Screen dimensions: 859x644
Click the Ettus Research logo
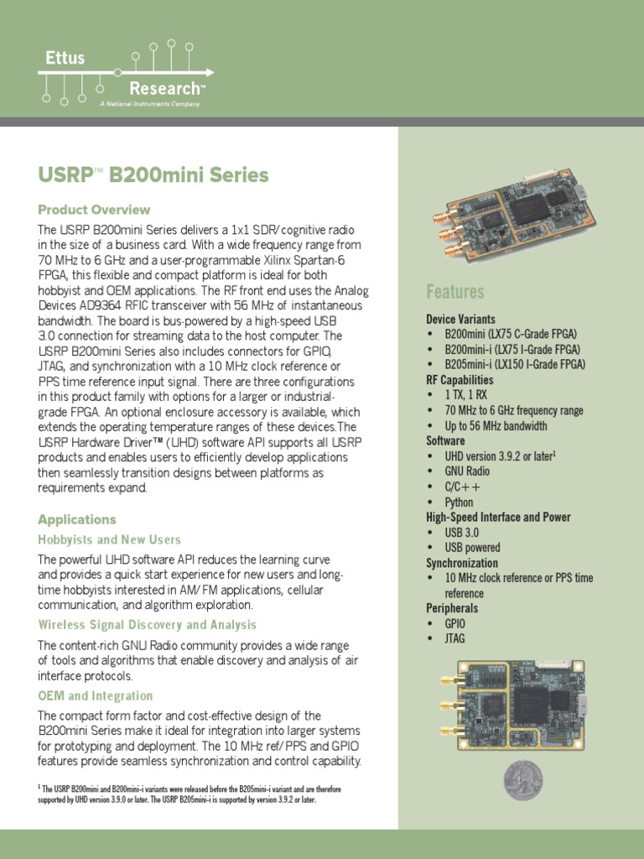122,75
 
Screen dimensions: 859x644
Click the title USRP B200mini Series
153,175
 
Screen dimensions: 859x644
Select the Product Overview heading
94,210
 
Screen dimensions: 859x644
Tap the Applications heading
77,519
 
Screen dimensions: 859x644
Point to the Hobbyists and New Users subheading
109,539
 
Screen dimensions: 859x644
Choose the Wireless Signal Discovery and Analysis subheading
148,625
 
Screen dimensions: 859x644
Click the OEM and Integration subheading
96,696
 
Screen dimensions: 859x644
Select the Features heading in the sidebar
454,292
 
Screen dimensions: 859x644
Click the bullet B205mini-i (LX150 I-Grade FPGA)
515,364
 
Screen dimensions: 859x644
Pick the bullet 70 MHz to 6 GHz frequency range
514,410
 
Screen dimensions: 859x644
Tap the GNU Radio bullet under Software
467,471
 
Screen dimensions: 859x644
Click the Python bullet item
459,502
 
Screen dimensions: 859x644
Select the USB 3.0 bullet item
461,533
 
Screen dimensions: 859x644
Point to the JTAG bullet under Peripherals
455,638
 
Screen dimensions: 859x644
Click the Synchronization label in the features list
461,563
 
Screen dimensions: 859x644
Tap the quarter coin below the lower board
523,781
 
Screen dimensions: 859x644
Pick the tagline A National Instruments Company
149,104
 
